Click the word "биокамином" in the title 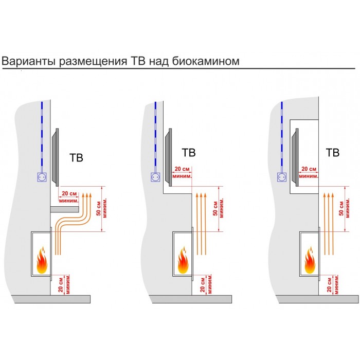coord(206,61)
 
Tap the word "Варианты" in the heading coord(28,61)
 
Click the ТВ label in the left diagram coord(76,158)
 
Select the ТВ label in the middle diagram coord(189,152)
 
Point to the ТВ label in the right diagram coord(333,152)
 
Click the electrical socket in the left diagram coord(42,177)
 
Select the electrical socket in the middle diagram coord(155,177)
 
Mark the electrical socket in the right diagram coord(282,177)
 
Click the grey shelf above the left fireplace coord(64,209)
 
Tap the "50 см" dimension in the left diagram coord(99,208)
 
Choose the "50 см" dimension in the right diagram coord(341,208)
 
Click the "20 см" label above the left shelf coord(69,193)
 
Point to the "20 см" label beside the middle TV coord(182,169)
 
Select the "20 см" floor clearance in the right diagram coord(330,285)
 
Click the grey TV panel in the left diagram coord(56,157)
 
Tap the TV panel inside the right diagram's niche coord(295,157)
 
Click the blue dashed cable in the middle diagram coord(155,137)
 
